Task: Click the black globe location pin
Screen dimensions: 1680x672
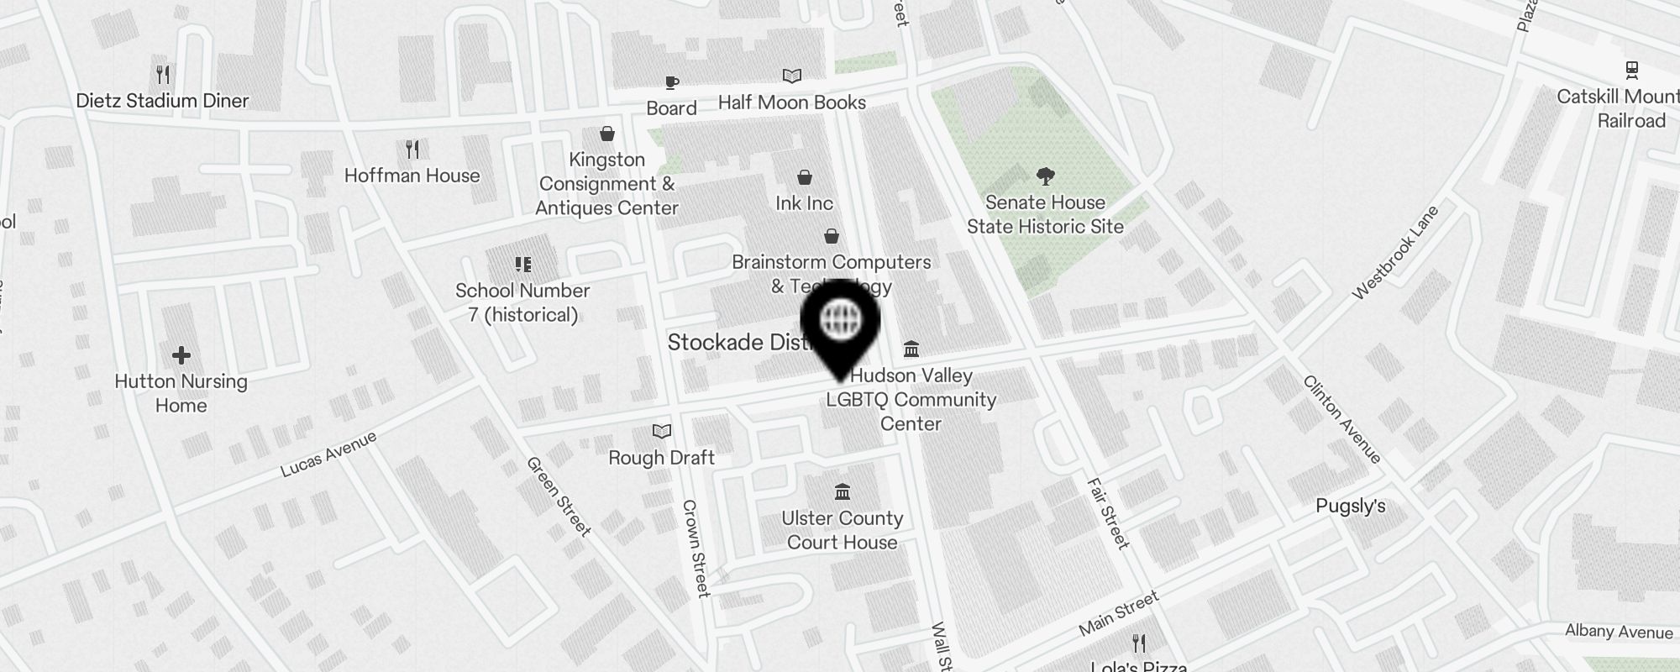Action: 840,323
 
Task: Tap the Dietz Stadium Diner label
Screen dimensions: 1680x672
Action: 162,101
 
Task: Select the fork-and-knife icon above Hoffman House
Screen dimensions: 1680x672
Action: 412,150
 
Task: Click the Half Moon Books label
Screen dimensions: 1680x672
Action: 791,102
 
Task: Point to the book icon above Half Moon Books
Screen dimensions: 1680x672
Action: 791,76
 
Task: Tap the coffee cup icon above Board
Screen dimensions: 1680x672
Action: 671,82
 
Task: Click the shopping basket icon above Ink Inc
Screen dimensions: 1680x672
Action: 804,177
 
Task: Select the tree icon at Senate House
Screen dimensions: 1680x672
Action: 1045,176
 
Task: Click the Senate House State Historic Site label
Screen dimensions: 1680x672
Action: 1045,214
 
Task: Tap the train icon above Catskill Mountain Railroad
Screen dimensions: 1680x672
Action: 1631,70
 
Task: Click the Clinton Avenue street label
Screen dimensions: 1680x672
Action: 1341,419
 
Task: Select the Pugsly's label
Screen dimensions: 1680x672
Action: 1350,506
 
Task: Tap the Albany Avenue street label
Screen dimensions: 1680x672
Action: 1618,632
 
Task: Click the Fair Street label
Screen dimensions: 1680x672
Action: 1108,513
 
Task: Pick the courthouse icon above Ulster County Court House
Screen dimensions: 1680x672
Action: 842,491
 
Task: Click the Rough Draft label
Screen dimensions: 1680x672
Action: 661,458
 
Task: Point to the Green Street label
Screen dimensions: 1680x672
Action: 559,496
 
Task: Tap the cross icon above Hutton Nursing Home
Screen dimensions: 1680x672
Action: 181,356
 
